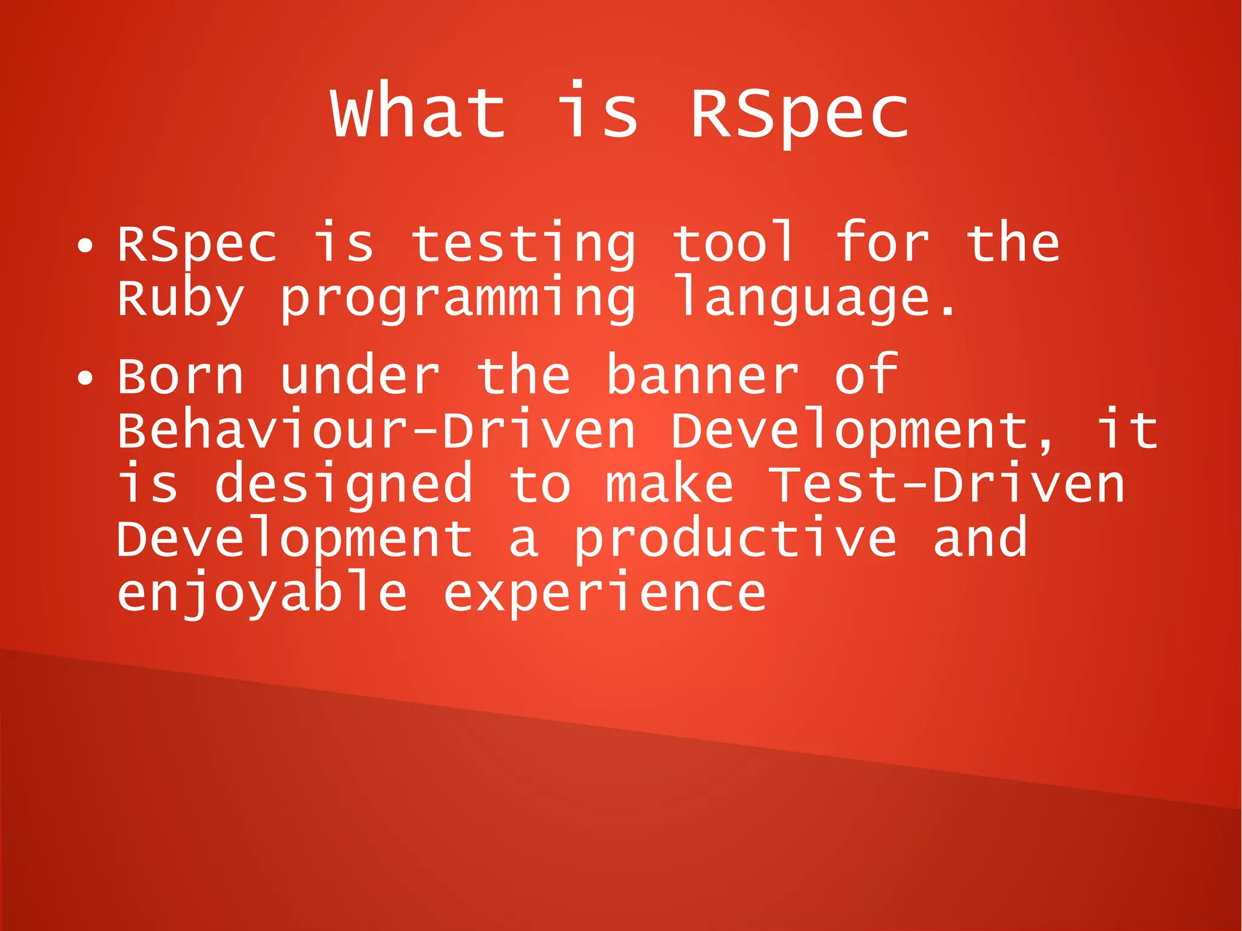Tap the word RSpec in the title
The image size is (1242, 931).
coord(799,113)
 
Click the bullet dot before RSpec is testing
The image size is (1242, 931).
coord(86,246)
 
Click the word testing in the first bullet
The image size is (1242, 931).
coord(523,244)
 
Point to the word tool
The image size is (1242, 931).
coord(734,243)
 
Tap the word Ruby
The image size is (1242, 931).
coord(180,299)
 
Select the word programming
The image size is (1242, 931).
coord(458,299)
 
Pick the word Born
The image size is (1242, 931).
coord(180,376)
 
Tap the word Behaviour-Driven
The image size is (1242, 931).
coord(376,431)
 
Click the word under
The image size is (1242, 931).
coord(360,376)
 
